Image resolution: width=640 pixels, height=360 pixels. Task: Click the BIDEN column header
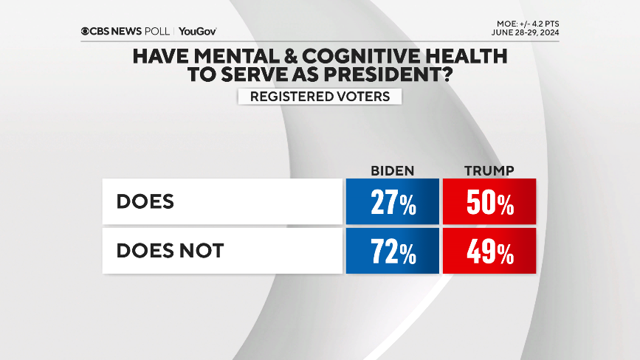click(392, 171)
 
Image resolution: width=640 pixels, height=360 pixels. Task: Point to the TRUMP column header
click(489, 171)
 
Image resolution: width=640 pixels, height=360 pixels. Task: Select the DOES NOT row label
click(170, 252)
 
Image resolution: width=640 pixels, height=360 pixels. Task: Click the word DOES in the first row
click(145, 201)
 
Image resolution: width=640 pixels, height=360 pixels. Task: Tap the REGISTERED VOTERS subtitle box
click(320, 96)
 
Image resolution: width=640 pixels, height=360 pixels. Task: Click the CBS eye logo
click(86, 31)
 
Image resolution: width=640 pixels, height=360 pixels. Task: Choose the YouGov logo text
click(197, 31)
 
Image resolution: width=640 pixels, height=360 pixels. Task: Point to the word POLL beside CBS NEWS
click(159, 31)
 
